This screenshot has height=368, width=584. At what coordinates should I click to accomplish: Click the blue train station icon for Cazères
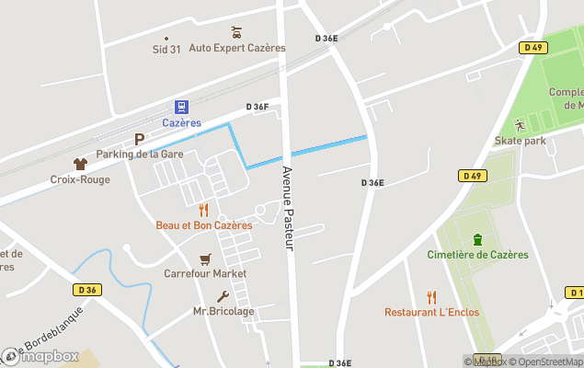181,108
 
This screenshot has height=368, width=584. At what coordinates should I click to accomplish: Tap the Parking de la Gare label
140,154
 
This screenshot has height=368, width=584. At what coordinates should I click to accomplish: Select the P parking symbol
140,140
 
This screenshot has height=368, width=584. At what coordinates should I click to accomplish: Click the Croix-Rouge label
80,179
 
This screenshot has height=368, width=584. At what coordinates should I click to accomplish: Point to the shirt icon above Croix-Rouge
80,164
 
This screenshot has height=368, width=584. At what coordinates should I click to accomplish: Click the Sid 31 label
166,50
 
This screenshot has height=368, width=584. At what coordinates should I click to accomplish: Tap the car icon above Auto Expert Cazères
236,32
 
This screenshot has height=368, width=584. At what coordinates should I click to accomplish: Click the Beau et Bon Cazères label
203,225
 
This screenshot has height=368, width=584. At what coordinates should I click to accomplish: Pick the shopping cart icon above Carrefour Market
205,259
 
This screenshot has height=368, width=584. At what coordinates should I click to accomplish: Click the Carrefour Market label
205,273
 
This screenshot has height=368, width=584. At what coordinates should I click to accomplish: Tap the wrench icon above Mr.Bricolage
223,296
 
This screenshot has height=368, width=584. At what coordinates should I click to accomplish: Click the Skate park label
520,140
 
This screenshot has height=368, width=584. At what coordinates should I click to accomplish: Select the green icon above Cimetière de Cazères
476,240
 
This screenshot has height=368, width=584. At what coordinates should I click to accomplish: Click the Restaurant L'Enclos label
431,312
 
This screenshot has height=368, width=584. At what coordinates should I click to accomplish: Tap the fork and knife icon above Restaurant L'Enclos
431,296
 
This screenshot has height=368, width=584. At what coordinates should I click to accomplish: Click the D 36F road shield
258,108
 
